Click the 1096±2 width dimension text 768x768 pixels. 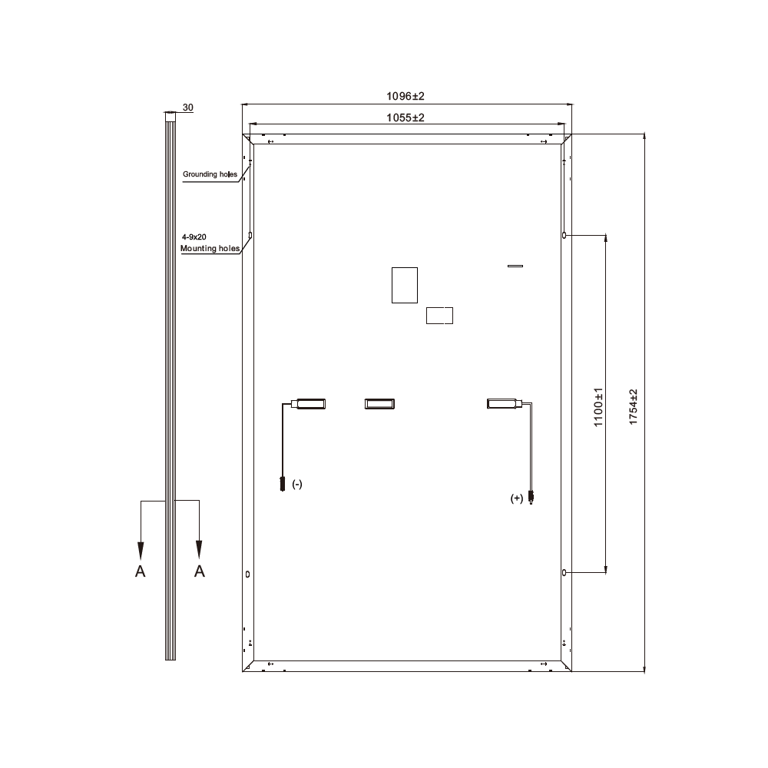point(406,96)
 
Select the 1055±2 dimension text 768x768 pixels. point(406,118)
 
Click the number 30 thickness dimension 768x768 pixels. point(187,108)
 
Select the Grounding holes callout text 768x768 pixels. point(210,174)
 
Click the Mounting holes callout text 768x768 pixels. point(210,249)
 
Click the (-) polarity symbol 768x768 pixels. point(297,484)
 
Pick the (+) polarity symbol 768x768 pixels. point(517,498)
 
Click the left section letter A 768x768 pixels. point(140,571)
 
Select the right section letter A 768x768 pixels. point(199,571)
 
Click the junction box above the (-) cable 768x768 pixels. point(311,403)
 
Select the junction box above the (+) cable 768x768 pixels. point(503,403)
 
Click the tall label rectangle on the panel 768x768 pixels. point(403,284)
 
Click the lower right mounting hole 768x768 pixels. point(564,573)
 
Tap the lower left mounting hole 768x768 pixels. point(247,573)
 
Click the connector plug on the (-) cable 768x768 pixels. point(283,485)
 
